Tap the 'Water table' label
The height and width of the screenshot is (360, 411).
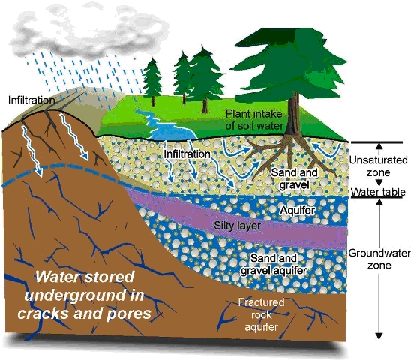coord(378,192)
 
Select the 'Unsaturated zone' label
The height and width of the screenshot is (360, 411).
coord(379,166)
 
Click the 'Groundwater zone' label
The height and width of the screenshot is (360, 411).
coord(379,259)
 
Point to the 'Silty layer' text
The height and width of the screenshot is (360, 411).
coord(237,226)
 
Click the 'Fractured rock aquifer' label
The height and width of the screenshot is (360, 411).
coord(261,315)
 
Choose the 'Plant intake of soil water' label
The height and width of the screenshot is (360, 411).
coord(254,119)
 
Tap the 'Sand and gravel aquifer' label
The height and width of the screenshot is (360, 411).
coord(274,264)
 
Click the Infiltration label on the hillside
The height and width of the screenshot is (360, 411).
coord(31,100)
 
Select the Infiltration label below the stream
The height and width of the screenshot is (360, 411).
coord(187,154)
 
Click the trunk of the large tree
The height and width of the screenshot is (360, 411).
coord(293,115)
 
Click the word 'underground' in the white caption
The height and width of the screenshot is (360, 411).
coord(85,295)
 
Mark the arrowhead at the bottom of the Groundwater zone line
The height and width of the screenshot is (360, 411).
coord(379,336)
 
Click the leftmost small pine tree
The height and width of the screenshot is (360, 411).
coord(152,81)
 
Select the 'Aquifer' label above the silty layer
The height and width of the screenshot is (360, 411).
coord(297,210)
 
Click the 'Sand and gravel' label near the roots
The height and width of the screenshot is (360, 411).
coord(294,178)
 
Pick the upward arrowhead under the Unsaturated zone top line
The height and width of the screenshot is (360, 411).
coord(379,146)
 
